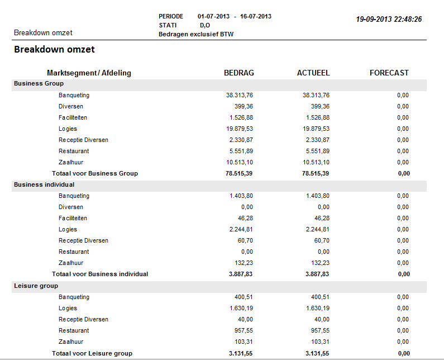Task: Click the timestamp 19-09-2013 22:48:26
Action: (x=389, y=19)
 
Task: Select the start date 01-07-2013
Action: (x=213, y=16)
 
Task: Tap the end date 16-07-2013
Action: (x=256, y=16)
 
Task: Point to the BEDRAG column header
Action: (x=239, y=73)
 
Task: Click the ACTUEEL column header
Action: (x=313, y=73)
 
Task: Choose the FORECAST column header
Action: (x=389, y=73)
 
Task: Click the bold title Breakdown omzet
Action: (x=54, y=49)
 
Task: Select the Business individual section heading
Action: (x=44, y=184)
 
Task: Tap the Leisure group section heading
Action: (x=36, y=286)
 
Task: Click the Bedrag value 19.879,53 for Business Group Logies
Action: (x=240, y=129)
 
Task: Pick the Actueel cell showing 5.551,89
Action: (x=318, y=151)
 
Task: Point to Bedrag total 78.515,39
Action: (x=239, y=173)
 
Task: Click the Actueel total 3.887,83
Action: (x=317, y=274)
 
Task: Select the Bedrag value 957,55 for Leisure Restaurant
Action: (x=244, y=330)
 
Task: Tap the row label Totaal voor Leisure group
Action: (x=92, y=353)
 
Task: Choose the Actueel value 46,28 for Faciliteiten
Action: (x=322, y=218)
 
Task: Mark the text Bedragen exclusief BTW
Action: (x=196, y=34)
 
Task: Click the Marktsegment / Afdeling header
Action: (x=89, y=73)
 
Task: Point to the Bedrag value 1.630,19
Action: (x=241, y=308)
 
